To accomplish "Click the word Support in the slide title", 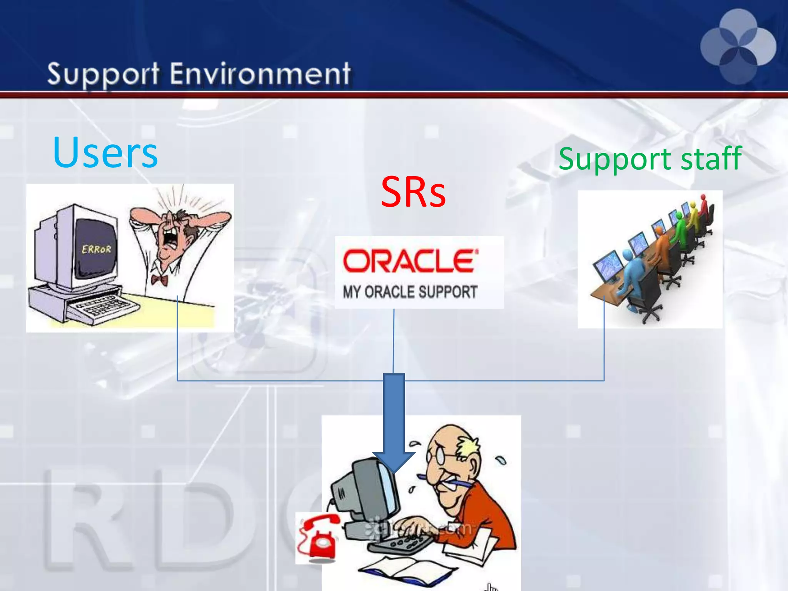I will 103,74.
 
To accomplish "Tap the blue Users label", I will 105,153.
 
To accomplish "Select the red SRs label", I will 413,192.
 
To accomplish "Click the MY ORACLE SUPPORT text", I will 410,292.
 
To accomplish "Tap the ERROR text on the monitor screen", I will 96,249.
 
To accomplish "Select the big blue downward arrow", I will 394,419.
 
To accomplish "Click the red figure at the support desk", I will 704,206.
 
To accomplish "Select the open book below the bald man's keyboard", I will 404,569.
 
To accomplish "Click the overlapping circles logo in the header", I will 738,47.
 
